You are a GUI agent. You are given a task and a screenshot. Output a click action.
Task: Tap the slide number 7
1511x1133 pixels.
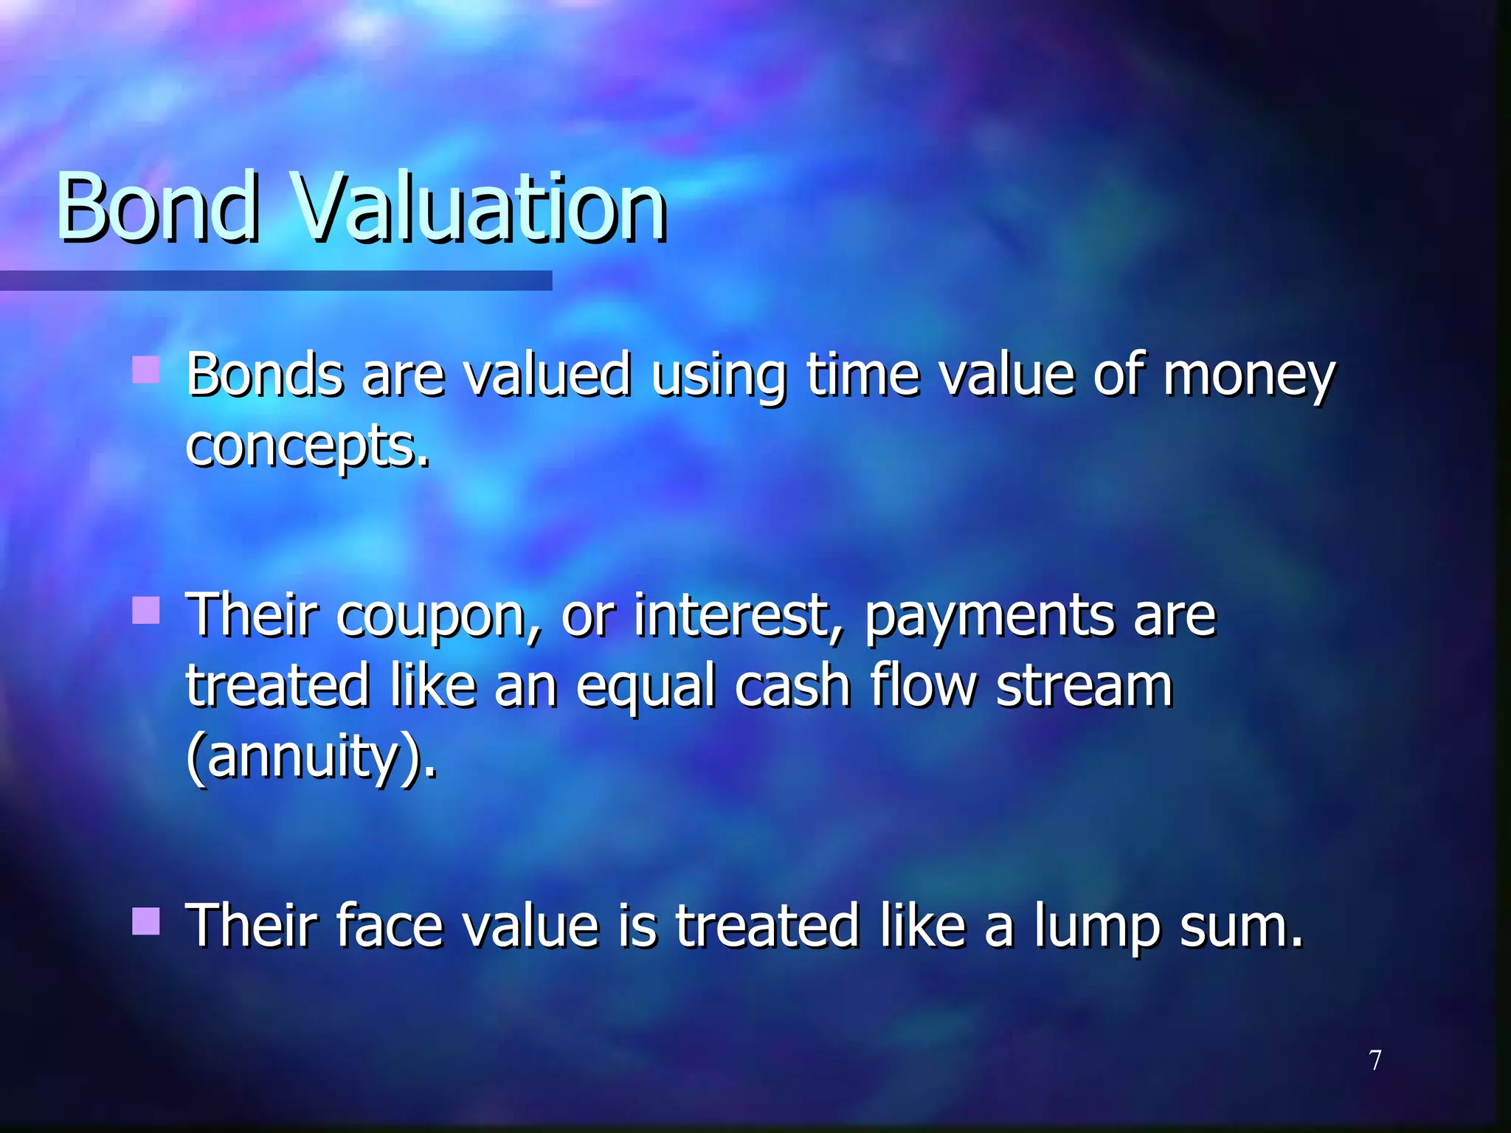[1375, 1061]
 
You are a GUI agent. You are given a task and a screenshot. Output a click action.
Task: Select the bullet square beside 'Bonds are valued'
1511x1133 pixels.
[146, 370]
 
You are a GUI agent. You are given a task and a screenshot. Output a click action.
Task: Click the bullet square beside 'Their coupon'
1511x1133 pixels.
[146, 611]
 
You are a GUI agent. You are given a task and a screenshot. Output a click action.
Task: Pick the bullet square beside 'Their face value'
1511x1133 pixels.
[146, 921]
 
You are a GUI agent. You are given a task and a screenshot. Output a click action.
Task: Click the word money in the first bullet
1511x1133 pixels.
[1248, 376]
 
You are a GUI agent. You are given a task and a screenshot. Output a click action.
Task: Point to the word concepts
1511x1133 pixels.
[306, 447]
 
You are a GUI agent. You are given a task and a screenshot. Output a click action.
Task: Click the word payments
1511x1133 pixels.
[989, 617]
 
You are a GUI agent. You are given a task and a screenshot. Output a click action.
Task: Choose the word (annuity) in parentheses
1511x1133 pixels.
[310, 757]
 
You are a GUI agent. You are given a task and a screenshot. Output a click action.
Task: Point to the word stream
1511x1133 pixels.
[1084, 686]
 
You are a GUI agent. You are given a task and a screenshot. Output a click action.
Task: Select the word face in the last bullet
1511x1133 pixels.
[389, 926]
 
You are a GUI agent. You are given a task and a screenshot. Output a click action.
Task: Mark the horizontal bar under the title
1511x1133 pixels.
[276, 280]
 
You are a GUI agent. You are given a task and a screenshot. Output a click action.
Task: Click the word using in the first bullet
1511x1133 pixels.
[718, 376]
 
